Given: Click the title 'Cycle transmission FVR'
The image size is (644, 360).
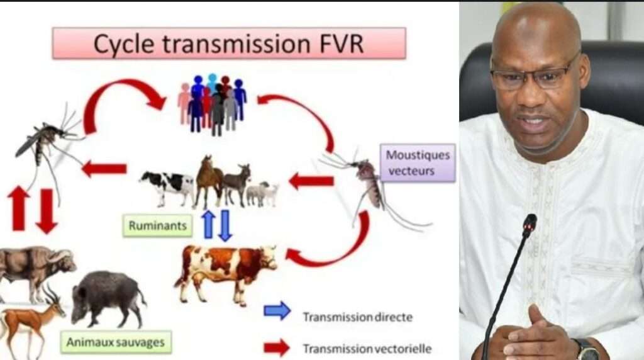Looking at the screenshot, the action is click(229, 43).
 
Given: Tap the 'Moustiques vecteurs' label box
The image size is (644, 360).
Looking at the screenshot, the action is click(418, 162).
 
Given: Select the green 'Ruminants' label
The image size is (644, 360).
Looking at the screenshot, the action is click(158, 225).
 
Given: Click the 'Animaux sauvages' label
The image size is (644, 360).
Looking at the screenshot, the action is click(116, 342).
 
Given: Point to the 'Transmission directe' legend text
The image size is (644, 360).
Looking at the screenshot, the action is click(358, 317).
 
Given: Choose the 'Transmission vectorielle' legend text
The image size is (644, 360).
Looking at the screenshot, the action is click(367, 349).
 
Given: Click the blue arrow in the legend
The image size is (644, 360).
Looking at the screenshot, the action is click(277, 311).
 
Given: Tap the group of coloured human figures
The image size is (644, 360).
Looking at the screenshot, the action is click(213, 104).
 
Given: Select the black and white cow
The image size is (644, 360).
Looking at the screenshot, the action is click(167, 186).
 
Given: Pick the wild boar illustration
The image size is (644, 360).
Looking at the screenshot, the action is click(108, 298).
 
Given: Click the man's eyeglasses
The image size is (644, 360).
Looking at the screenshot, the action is click(532, 74).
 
